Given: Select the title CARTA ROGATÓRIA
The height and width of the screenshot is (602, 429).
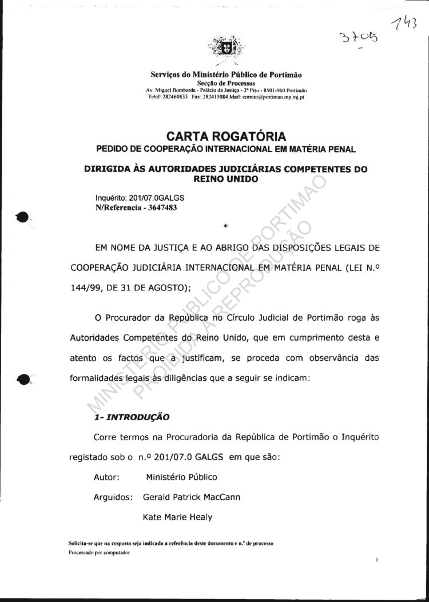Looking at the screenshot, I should (x=226, y=137).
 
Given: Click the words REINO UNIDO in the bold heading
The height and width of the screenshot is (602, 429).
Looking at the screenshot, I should (x=227, y=179).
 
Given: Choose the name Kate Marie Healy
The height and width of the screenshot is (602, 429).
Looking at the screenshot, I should (x=177, y=517).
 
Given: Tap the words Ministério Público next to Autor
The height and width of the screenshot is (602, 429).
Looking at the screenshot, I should (x=181, y=477).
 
